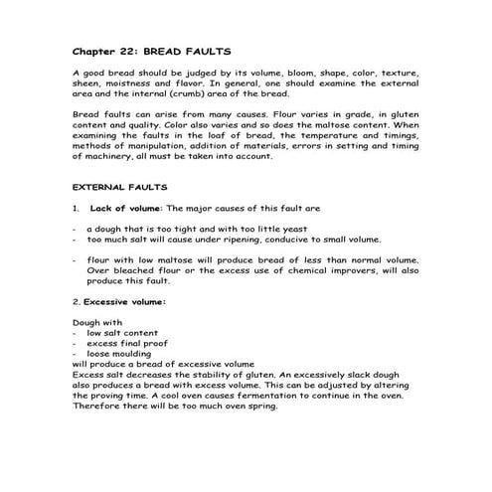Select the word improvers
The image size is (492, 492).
[366, 270]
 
